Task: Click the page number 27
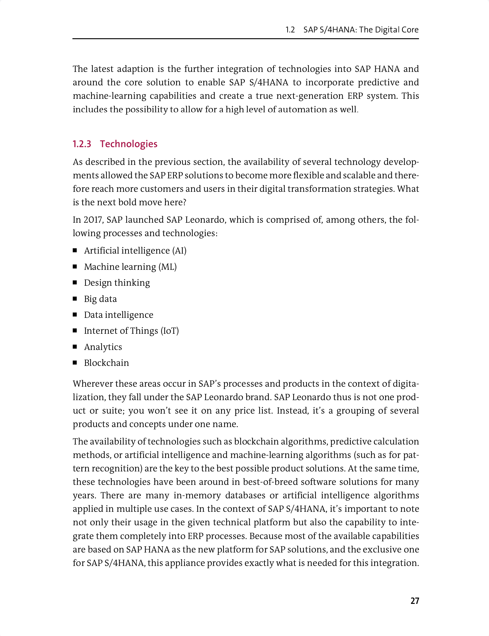click(414, 601)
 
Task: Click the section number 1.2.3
click(82, 144)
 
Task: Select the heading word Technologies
click(129, 144)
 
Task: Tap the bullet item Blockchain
click(106, 363)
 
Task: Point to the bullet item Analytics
click(103, 347)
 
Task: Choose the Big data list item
click(100, 299)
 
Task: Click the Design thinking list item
click(117, 283)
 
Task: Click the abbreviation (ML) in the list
click(167, 267)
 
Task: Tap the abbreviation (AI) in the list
click(179, 251)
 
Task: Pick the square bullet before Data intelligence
click(75, 314)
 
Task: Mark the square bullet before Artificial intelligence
click(75, 251)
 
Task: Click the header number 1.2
click(290, 30)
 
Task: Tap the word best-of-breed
click(270, 482)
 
